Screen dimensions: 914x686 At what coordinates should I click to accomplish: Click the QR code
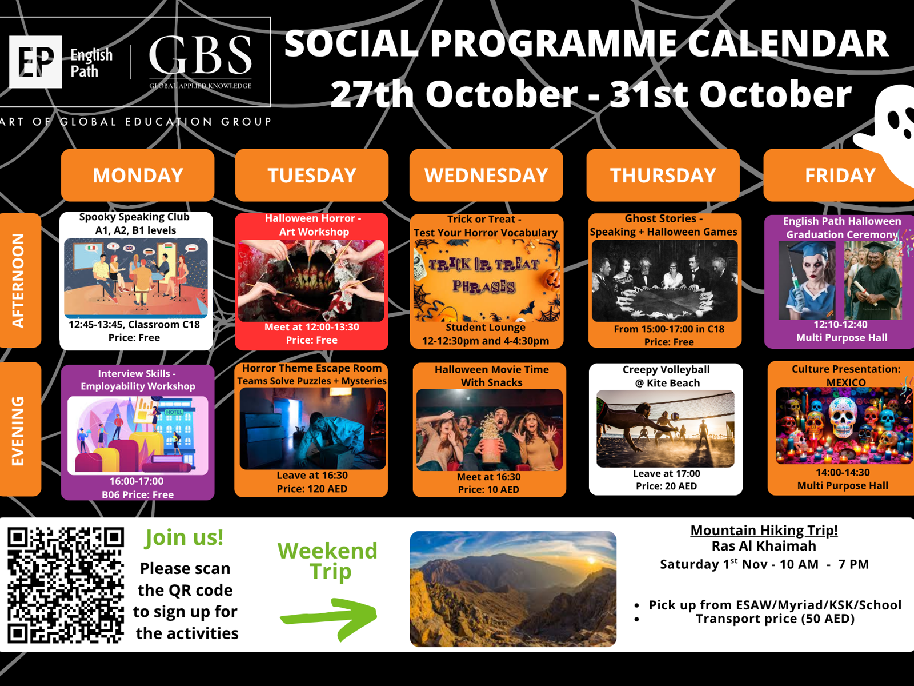tap(66, 585)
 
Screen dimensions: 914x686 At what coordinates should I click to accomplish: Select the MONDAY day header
tap(138, 175)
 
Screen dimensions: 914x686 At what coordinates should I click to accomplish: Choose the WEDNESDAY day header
tap(486, 175)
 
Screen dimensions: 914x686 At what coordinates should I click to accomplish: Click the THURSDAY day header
tap(663, 175)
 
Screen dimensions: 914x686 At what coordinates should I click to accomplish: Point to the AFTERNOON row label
tap(19, 280)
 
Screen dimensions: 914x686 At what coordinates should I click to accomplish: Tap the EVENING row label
tap(19, 429)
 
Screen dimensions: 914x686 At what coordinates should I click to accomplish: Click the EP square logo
tap(35, 62)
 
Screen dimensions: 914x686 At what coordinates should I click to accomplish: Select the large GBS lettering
tap(201, 55)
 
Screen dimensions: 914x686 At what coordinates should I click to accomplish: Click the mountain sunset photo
tap(513, 589)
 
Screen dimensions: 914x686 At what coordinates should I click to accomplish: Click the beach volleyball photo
tap(666, 429)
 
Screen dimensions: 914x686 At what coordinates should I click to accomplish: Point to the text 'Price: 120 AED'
tap(312, 489)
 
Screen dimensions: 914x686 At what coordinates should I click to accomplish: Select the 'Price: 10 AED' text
tap(488, 489)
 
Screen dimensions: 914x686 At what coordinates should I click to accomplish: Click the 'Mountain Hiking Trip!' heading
tap(764, 531)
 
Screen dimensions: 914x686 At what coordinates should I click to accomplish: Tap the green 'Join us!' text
tap(183, 537)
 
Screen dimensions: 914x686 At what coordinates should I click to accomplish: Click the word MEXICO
tap(845, 382)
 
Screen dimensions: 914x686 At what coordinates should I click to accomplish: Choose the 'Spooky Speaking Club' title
tap(134, 217)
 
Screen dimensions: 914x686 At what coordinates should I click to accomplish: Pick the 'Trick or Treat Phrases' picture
tap(486, 280)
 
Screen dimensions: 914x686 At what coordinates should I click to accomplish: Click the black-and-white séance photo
tap(664, 281)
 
